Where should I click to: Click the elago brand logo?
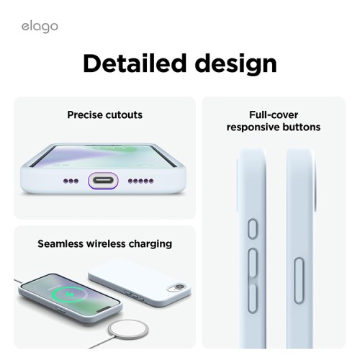pyautogui.click(x=39, y=27)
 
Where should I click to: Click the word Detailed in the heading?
pyautogui.click(x=138, y=63)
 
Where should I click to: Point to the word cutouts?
pyautogui.click(x=125, y=114)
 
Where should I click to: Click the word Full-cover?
pyautogui.click(x=274, y=114)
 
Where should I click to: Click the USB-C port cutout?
pyautogui.click(x=104, y=181)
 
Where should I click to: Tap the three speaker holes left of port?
pyautogui.click(x=73, y=181)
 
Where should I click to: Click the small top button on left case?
pyautogui.click(x=253, y=230)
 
